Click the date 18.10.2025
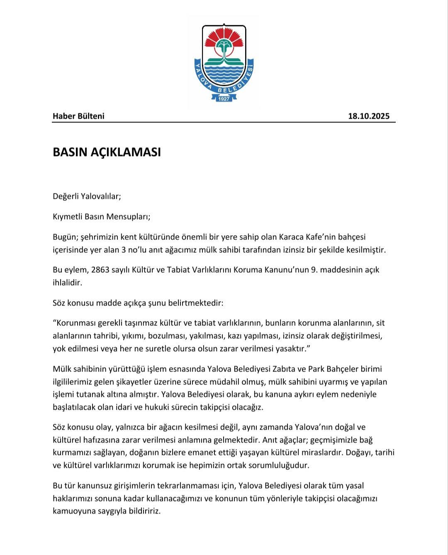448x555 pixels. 368,116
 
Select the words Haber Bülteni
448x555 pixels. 78,116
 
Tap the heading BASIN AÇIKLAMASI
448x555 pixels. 107,152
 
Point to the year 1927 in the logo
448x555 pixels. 224,99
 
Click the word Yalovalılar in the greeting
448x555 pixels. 101,196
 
